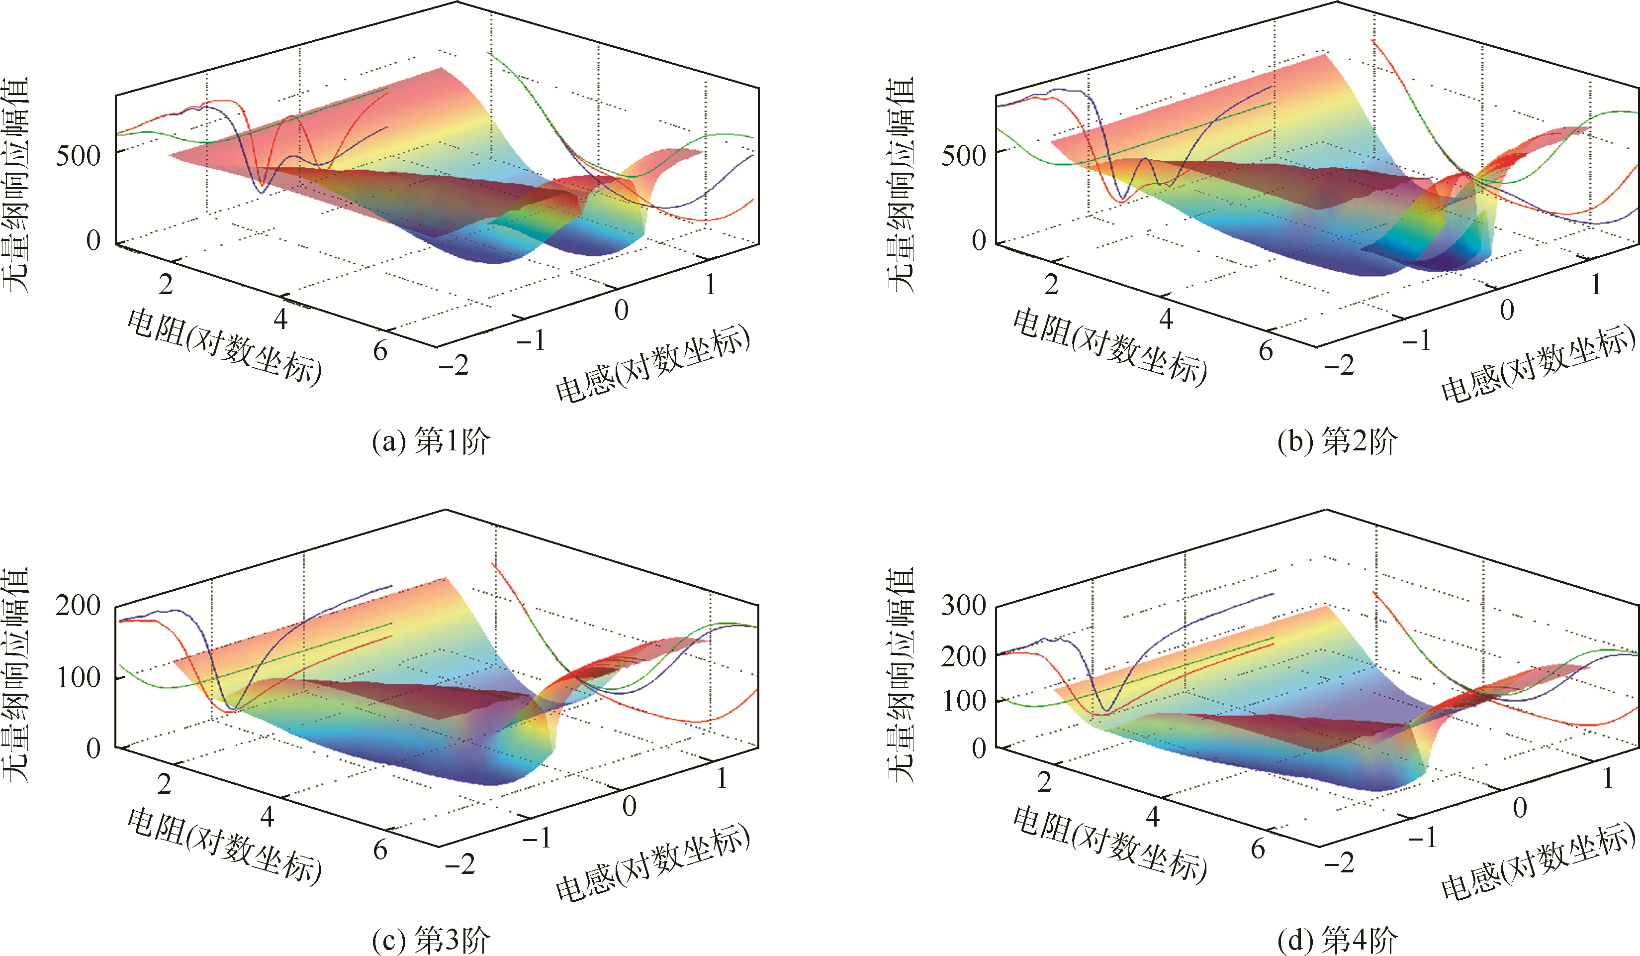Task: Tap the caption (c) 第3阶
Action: click(x=431, y=940)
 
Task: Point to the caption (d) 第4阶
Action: click(x=1337, y=940)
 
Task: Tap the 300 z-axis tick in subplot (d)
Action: click(x=964, y=606)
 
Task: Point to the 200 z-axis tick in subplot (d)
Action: click(x=964, y=656)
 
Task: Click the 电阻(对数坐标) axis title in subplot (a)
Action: click(x=225, y=348)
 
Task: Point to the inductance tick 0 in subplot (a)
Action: click(x=622, y=311)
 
